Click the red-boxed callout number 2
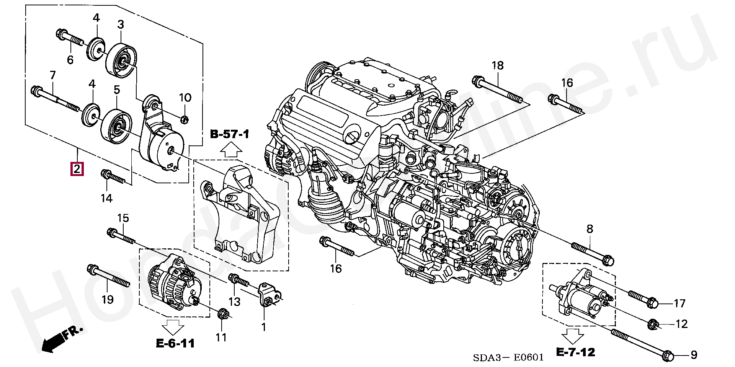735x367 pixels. coord(77,169)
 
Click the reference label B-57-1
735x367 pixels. coord(230,134)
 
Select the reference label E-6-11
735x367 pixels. coord(175,344)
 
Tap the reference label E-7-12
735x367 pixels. coord(575,352)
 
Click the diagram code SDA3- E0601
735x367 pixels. coord(508,358)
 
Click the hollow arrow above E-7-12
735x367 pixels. coord(572,336)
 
